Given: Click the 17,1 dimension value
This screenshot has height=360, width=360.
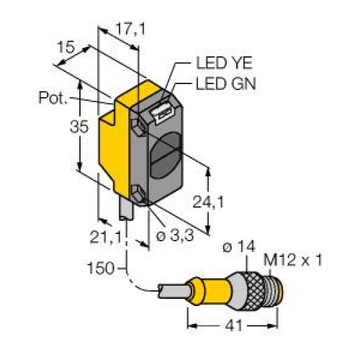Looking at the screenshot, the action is [130, 30].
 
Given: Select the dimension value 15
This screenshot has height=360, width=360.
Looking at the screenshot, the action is [66, 47].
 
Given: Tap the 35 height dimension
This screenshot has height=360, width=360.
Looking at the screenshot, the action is [79, 127].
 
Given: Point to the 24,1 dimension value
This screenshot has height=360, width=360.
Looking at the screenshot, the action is [208, 202].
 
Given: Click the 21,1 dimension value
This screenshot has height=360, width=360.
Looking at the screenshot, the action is [105, 238].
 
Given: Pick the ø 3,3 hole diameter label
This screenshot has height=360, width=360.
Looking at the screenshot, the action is [174, 235].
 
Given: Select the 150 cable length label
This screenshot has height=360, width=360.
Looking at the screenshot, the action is [101, 268].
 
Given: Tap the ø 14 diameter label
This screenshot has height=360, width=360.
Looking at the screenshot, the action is [239, 246].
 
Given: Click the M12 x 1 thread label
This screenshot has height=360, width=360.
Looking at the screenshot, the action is [292, 260].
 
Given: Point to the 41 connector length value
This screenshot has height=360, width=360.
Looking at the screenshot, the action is [234, 326].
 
